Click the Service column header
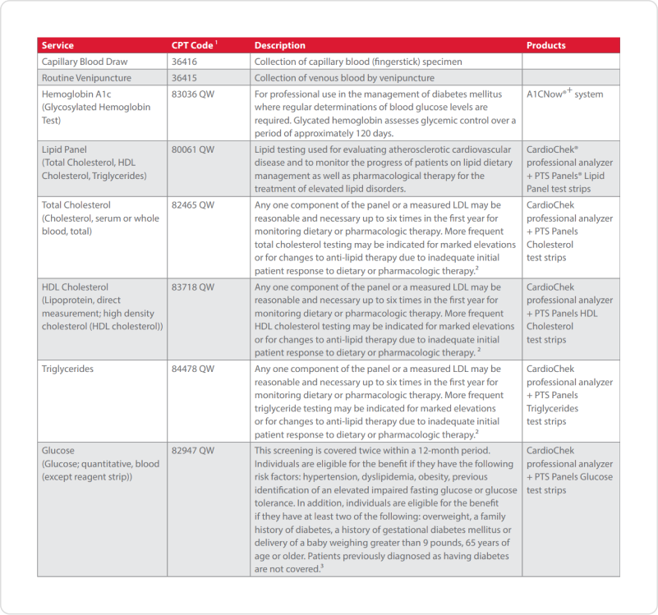pos(58,45)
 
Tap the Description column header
pos(279,45)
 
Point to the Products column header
pos(546,45)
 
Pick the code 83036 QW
pos(193,94)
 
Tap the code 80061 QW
pos(193,149)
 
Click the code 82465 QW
pos(193,204)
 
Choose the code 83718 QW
pos(193,287)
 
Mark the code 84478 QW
pos(193,369)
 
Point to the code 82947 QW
pos(193,451)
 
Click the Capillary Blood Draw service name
pos(85,62)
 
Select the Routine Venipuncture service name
pos(86,78)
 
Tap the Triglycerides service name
pos(67,369)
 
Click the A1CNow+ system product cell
pos(564,94)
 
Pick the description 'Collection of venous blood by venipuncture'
pos(344,78)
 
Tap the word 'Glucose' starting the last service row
pos(58,451)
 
